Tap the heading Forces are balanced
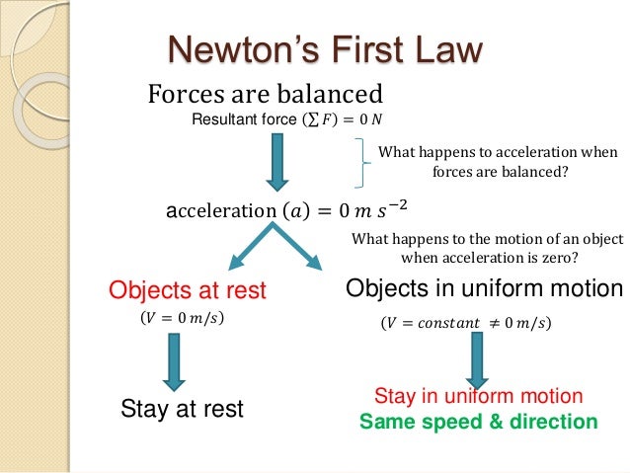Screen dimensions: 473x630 tap(264, 95)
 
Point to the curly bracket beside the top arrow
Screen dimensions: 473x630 tap(358, 161)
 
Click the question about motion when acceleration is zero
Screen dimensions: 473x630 tap(488, 249)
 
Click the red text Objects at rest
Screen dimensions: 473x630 tap(188, 291)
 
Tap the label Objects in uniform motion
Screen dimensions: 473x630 tap(484, 288)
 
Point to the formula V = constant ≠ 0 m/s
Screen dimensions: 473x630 tap(465, 323)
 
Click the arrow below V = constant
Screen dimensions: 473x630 tap(477, 359)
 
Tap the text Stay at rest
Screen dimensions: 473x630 tap(181, 408)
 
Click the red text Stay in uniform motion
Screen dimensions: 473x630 tap(479, 397)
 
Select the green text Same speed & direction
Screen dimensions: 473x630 tap(479, 423)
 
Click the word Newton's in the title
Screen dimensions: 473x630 tap(226, 51)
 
